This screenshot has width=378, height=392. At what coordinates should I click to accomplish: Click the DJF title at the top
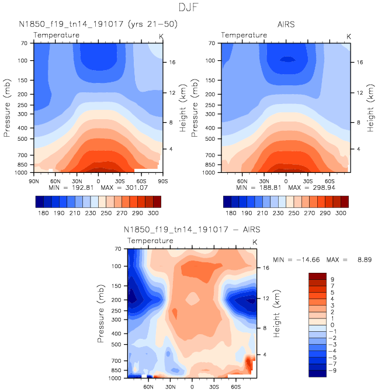189,8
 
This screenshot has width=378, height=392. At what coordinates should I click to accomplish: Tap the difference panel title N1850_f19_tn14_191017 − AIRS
192,230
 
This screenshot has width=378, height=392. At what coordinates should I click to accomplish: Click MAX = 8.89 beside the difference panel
353,258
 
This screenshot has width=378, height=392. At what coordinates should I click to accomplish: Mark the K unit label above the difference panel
255,242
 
